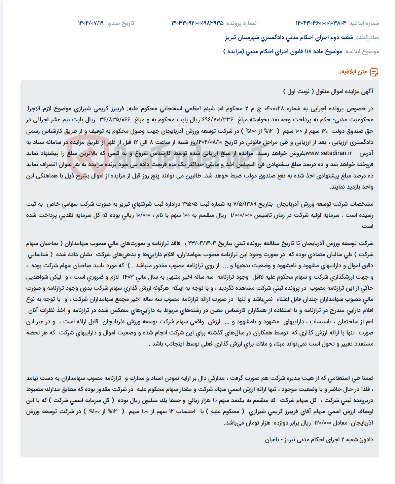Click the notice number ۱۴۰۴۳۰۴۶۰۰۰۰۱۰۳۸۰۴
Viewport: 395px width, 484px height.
pyautogui.click(x=321, y=23)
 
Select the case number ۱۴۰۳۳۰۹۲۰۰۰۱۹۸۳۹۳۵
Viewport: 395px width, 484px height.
pyautogui.click(x=197, y=23)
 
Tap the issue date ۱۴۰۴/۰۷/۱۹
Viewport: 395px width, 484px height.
pyautogui.click(x=91, y=23)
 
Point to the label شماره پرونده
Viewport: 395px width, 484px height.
pyautogui.click(x=241, y=23)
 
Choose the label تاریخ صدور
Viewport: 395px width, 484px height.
pyautogui.click(x=120, y=23)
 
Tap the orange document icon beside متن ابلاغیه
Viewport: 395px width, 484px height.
pyautogui.click(x=374, y=72)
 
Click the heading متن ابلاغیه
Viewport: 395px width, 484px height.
pyautogui.click(x=353, y=72)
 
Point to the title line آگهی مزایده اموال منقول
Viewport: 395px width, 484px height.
pyautogui.click(x=328, y=91)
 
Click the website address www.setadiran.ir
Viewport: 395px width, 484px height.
pyautogui.click(x=328, y=153)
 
